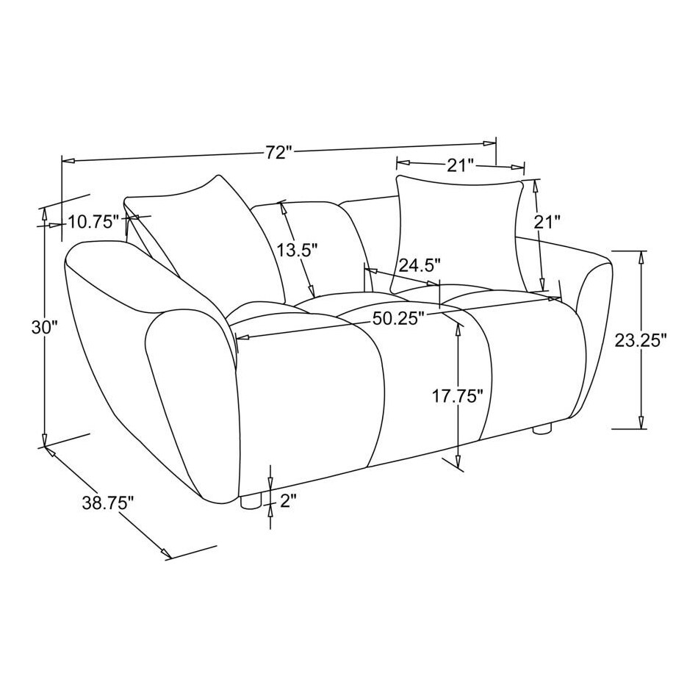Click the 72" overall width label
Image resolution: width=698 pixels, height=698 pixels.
click(279, 153)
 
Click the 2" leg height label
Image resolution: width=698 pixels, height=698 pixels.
click(288, 502)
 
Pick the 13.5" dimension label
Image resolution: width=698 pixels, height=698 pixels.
click(297, 250)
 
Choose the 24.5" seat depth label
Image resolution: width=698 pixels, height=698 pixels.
click(419, 264)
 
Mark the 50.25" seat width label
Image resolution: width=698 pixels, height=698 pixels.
click(400, 318)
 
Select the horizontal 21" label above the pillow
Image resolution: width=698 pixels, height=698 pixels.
click(460, 165)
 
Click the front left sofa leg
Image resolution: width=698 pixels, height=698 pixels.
click(251, 502)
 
